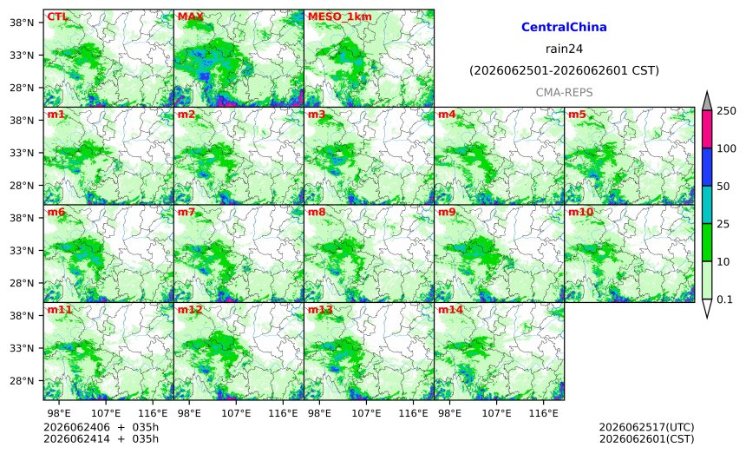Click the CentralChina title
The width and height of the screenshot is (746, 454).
564,27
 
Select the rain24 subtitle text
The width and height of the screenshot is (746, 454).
564,49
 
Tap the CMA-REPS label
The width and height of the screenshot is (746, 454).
564,92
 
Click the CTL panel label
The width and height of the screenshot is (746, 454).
57,16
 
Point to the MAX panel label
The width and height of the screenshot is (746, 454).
190,16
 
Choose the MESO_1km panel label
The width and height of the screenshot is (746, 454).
340,16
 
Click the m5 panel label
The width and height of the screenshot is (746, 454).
577,115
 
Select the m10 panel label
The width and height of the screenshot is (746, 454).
580,213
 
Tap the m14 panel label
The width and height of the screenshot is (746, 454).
450,310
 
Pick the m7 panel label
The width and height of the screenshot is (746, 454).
186,213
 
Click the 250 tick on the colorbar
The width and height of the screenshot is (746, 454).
727,111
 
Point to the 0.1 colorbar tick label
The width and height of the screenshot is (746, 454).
724,299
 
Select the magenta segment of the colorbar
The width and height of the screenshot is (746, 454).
707,129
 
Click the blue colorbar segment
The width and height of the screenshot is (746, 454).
707,167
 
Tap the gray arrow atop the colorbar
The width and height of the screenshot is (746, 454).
707,102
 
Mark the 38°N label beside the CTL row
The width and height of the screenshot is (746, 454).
22,23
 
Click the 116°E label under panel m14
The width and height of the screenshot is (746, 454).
543,413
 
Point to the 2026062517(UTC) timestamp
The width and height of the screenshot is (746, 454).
646,427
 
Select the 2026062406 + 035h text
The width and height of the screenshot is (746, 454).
101,427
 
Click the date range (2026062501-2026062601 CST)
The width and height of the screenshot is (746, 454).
564,71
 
